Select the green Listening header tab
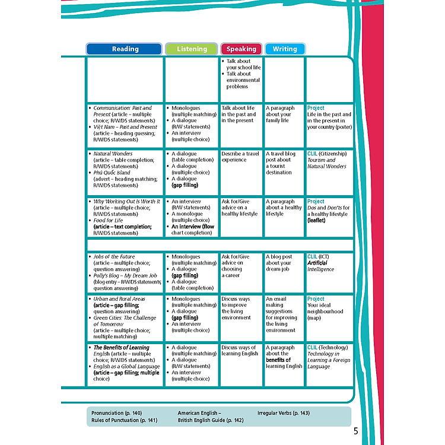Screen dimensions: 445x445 click(192, 49)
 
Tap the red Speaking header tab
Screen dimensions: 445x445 click(241, 49)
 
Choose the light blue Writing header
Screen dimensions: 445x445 click(285, 49)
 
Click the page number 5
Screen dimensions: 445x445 click(356, 431)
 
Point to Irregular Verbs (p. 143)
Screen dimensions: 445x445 click(284, 413)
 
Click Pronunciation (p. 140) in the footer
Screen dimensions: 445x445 click(117, 413)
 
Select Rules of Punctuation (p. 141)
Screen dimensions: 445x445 click(125, 420)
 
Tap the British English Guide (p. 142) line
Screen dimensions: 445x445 click(211, 420)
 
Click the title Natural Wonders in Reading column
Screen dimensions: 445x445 click(113, 154)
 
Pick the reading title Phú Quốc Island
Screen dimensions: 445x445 click(112, 173)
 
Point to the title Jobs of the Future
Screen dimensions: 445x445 click(114, 256)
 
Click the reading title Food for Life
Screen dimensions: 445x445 click(108, 220)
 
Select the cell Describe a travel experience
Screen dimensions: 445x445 click(240, 157)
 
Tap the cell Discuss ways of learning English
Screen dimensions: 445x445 click(240, 351)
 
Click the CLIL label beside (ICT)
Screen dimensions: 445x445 click(312, 256)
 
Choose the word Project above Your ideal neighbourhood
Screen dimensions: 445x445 click(316, 299)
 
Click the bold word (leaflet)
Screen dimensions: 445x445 click(316, 220)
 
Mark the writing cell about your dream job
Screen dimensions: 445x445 click(279, 263)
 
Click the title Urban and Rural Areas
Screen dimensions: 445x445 click(119, 299)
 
